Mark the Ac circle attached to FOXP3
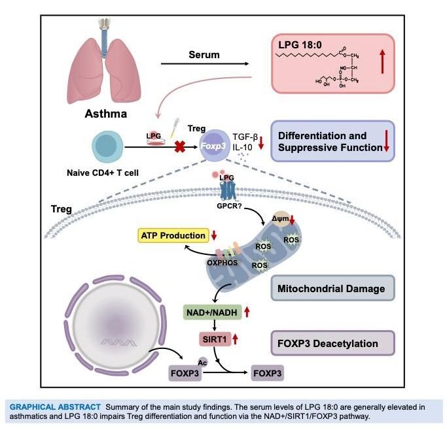tap(199, 362)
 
